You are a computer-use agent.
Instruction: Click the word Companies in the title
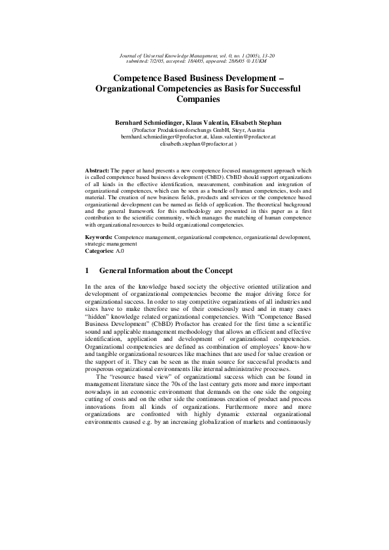(194, 100)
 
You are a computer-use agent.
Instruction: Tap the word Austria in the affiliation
(243, 129)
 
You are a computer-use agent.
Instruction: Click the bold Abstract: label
(97, 170)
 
